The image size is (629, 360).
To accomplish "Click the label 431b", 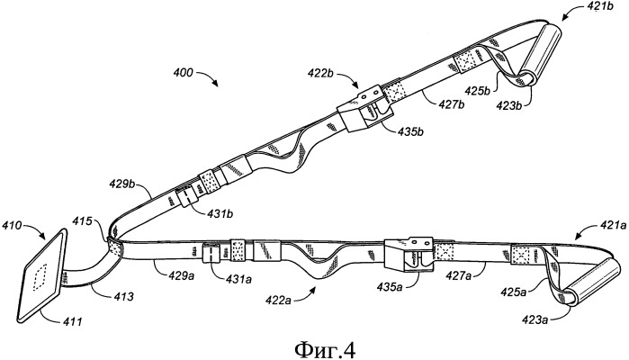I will point(220,213).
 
